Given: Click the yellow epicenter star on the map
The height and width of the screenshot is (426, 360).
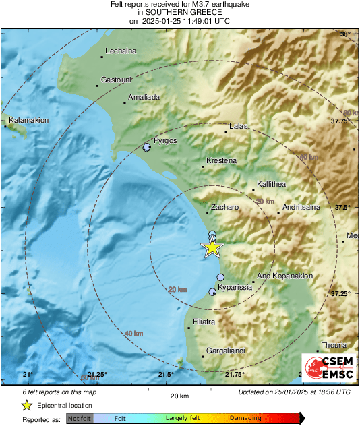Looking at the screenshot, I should pyautogui.click(x=212, y=248).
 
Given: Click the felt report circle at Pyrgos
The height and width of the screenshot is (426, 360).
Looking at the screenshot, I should pyautogui.click(x=148, y=147).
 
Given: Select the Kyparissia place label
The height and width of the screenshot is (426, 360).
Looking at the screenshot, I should pyautogui.click(x=236, y=287).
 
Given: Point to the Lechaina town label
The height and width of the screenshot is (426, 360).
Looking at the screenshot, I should pyautogui.click(x=121, y=51).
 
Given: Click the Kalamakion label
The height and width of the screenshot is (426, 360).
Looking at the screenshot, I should pyautogui.click(x=28, y=120).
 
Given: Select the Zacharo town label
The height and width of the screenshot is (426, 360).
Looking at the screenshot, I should pyautogui.click(x=225, y=208).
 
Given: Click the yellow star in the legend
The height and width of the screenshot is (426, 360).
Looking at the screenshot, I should pyautogui.click(x=26, y=405).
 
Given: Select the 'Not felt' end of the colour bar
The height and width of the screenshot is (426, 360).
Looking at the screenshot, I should pyautogui.click(x=80, y=418).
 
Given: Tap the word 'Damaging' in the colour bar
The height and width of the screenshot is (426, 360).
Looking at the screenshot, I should pyautogui.click(x=246, y=418).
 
